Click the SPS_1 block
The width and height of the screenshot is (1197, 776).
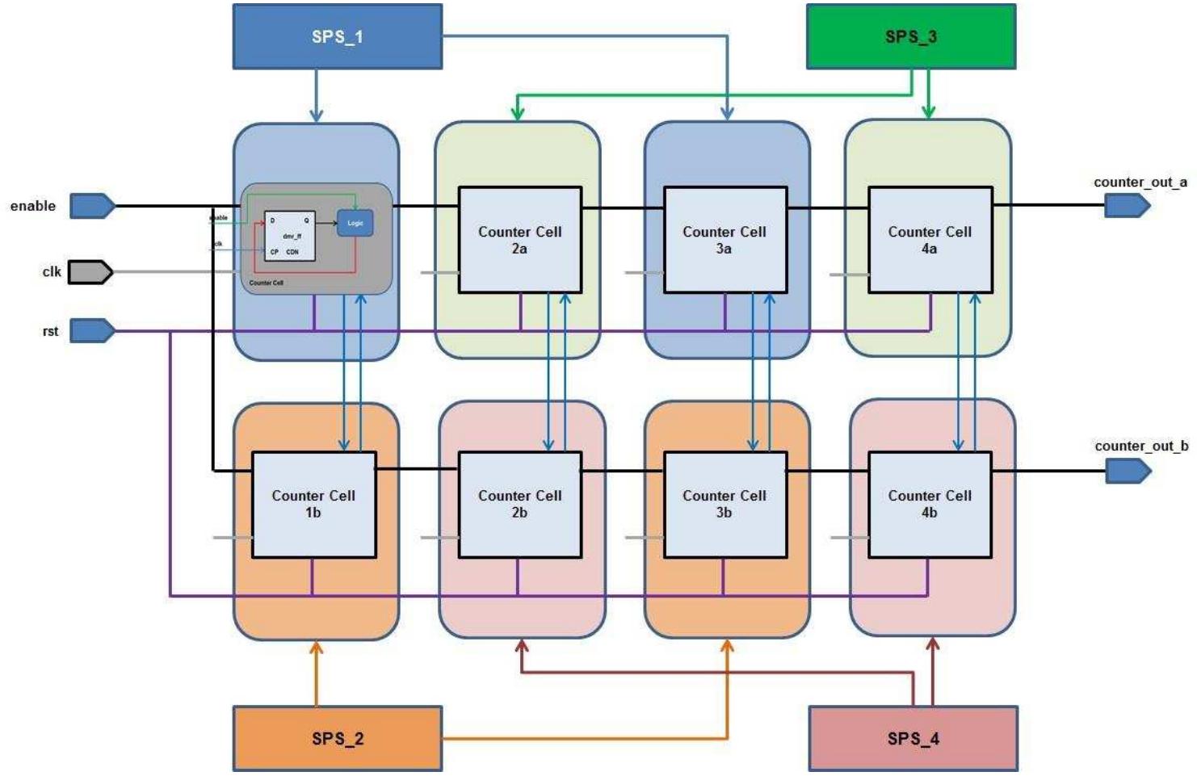(338, 36)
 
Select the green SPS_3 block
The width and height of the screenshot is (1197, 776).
(910, 36)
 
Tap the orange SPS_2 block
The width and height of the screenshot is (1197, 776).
(338, 738)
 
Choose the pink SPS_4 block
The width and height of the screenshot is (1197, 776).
(913, 738)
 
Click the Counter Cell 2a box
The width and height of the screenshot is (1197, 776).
(519, 240)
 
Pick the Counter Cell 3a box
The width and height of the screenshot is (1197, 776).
(724, 240)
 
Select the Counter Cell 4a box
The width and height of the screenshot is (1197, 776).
(930, 240)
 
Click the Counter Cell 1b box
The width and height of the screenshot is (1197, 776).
(313, 504)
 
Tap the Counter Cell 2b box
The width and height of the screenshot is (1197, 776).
(519, 504)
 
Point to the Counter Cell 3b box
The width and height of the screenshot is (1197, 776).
(724, 504)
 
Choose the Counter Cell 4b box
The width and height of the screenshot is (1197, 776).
(930, 504)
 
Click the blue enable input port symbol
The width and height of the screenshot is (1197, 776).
(92, 206)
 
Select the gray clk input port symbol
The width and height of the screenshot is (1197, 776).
(90, 272)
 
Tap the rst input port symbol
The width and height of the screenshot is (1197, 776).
(92, 330)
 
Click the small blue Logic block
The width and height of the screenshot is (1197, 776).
(355, 223)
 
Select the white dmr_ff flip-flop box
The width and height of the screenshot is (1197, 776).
(290, 236)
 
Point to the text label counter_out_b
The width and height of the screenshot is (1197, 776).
(1140, 446)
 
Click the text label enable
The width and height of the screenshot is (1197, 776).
(33, 206)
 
